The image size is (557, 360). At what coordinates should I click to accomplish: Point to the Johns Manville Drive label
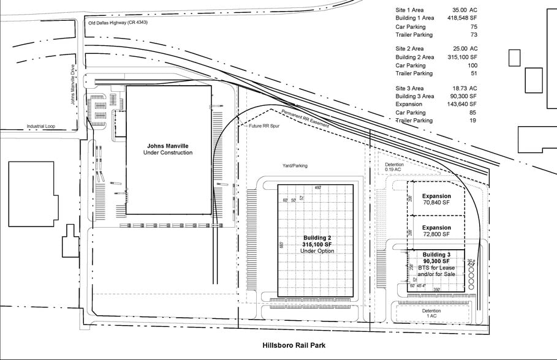pos(73,89)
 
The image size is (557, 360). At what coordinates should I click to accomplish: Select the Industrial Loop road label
pos(40,127)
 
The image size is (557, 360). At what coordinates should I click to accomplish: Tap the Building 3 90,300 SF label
pos(436,258)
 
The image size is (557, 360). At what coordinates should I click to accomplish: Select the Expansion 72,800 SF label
pos(436,231)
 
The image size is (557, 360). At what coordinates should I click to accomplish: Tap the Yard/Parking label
pos(295,165)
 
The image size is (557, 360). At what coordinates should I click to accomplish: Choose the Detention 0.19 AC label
pos(395,167)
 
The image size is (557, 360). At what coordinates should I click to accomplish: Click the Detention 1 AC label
pos(431,313)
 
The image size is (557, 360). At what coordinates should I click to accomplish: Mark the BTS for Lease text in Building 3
pos(436,268)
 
